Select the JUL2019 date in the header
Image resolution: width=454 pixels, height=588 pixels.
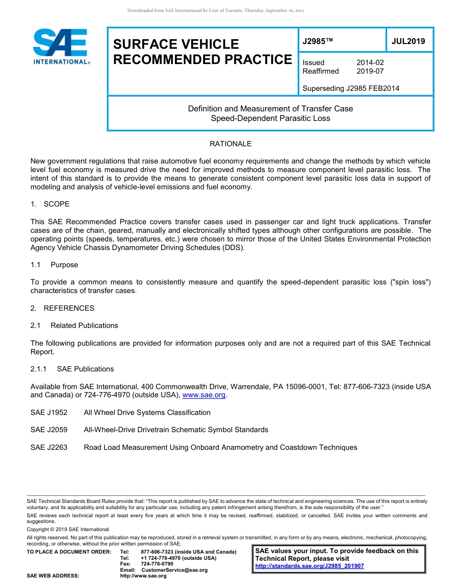tap(408, 42)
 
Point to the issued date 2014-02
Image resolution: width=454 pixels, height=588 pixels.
tap(370, 63)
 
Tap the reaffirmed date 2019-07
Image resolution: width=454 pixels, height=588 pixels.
tap(370, 71)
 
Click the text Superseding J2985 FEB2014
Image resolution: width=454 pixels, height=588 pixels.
tap(351, 88)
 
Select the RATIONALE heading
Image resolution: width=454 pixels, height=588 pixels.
tap(230, 144)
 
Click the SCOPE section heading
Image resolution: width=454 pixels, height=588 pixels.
tap(56, 204)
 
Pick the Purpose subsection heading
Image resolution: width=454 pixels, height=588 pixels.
tap(64, 265)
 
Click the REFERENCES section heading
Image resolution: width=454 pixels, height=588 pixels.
tap(69, 308)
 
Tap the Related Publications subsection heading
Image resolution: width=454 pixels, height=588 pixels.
tap(84, 326)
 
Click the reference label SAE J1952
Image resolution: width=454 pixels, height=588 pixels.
tap(49, 413)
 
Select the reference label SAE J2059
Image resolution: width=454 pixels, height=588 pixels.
tap(49, 430)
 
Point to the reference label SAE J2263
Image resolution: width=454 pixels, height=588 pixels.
tap(49, 447)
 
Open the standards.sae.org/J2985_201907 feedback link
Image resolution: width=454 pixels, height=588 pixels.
tap(310, 566)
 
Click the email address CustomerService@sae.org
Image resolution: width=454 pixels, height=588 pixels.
tap(174, 570)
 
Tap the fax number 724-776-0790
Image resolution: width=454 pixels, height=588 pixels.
tap(157, 564)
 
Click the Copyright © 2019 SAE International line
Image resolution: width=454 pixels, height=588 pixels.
tap(68, 529)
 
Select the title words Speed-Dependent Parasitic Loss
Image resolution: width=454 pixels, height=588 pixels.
tap(270, 118)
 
